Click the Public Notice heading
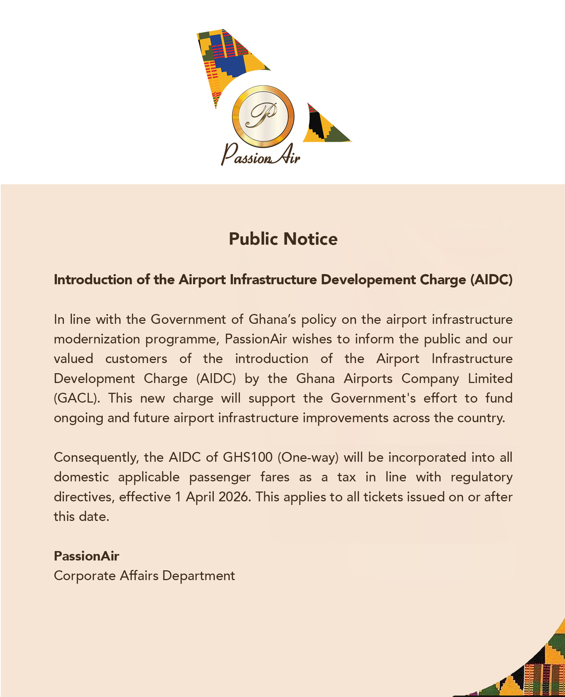283,239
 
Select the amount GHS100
247,457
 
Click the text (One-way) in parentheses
308,457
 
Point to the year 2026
234,497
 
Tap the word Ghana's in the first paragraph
273,320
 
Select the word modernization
97,339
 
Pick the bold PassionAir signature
86,556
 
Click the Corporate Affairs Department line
144,576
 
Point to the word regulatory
481,477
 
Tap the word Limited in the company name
490,379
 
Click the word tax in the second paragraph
347,477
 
